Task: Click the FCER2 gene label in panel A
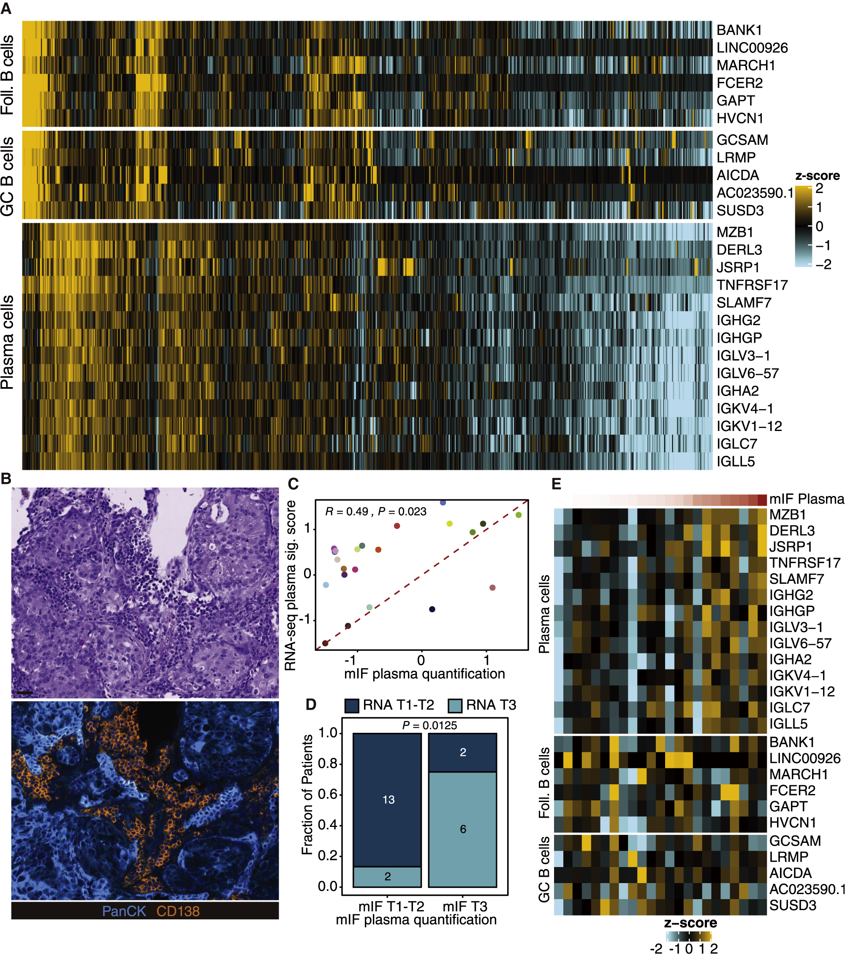tap(739, 83)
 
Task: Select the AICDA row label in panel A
tap(738, 175)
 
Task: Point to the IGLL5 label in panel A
tap(735, 462)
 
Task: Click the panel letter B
tap(6, 478)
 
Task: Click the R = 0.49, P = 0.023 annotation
tap(375, 512)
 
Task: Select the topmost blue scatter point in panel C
tap(443, 502)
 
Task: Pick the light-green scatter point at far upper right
tap(518, 515)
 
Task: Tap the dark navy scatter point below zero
tap(432, 609)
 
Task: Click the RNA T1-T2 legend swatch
tap(351, 705)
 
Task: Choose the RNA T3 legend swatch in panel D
tap(455, 705)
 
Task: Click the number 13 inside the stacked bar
tap(389, 800)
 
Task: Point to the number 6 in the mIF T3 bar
tap(463, 829)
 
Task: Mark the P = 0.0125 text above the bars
tap(429, 725)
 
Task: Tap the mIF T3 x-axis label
tap(465, 906)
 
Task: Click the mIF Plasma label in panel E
tap(806, 499)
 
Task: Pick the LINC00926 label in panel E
tap(804, 759)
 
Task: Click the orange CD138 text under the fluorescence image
tap(178, 911)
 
